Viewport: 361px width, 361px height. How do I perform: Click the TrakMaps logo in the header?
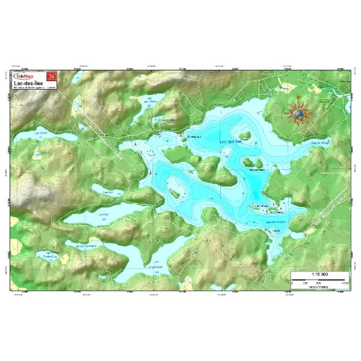tap(28, 76)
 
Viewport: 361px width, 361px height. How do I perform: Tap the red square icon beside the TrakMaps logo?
tap(52, 76)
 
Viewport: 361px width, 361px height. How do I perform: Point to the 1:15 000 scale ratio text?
tap(319, 274)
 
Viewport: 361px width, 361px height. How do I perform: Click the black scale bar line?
tap(319, 279)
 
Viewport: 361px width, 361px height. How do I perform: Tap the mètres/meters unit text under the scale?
tap(319, 287)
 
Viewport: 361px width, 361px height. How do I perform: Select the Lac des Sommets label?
tap(85, 244)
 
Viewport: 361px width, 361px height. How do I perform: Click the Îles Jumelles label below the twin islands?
tap(257, 170)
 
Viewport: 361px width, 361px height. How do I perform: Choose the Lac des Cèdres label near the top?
tap(151, 99)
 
